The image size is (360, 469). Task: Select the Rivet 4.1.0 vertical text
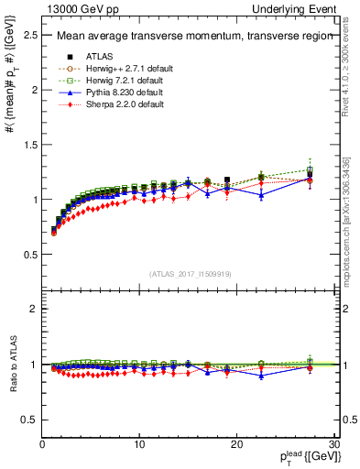[353, 55]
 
